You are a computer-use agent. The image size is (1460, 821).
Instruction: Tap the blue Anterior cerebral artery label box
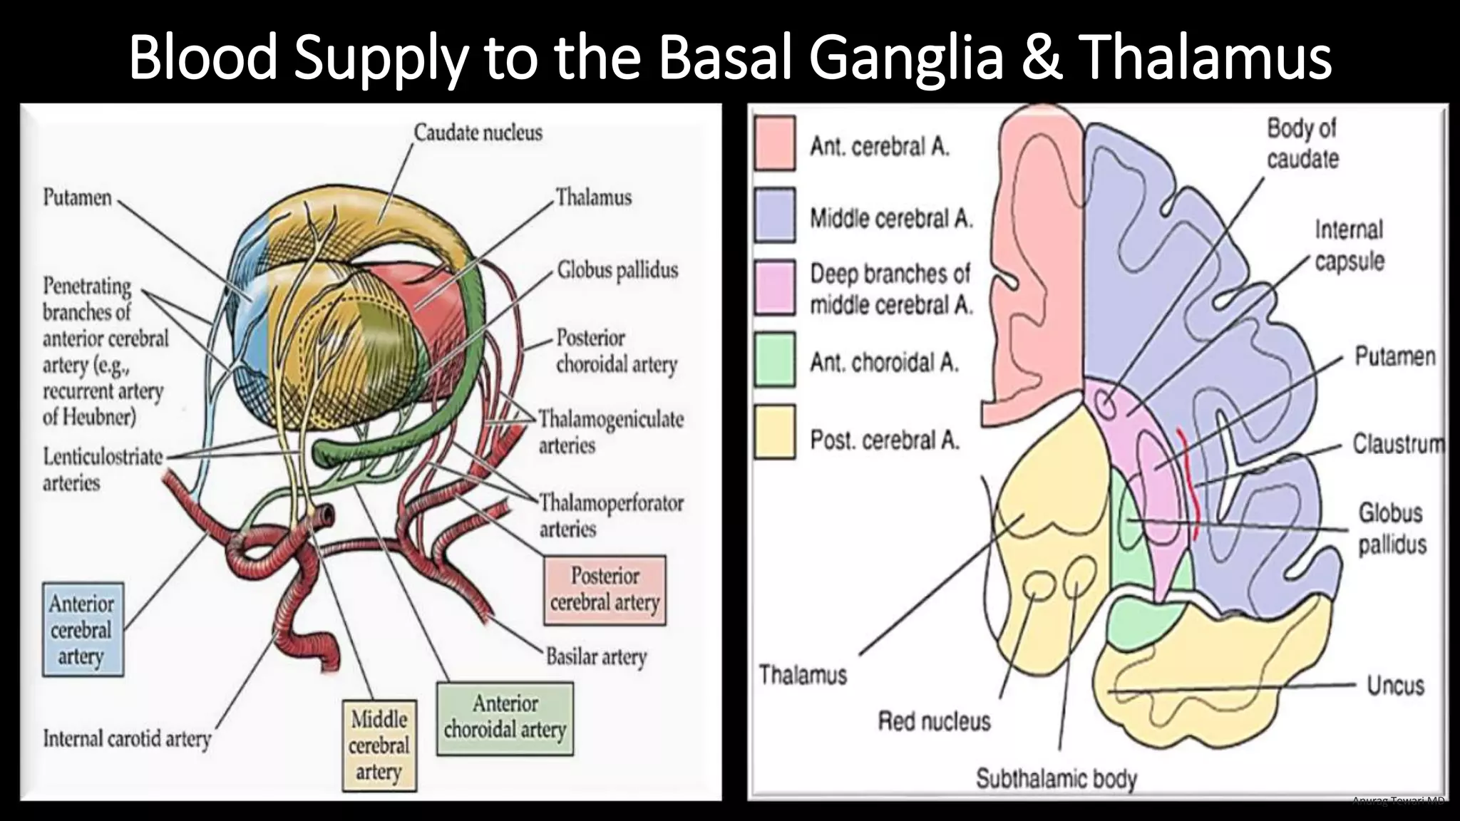point(82,629)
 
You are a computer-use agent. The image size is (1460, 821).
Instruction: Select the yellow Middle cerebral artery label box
point(379,745)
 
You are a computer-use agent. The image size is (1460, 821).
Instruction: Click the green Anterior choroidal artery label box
point(505,717)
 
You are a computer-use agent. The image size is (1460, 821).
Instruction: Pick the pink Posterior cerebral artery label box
point(605,589)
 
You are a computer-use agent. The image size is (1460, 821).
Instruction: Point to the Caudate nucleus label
point(478,133)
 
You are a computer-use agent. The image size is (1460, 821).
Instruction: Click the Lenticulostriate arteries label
point(103,469)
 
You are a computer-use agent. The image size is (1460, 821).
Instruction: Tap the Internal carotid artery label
point(127,739)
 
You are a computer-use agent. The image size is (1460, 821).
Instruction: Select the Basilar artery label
point(596,656)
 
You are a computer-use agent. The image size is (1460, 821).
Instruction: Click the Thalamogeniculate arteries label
point(610,431)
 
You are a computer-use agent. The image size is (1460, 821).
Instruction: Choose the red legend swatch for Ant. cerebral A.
point(775,144)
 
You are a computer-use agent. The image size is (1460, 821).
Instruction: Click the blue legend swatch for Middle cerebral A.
point(775,215)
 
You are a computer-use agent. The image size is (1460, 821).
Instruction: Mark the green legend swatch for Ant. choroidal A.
point(775,360)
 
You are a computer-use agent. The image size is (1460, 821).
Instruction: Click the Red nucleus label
point(934,721)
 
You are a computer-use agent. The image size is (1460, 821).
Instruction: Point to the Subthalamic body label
point(1056,778)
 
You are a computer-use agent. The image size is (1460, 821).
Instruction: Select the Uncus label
point(1395,686)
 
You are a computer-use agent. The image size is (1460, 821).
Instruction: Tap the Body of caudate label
point(1302,143)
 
